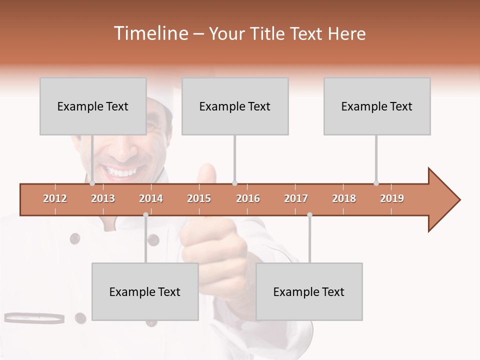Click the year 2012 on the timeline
point(55,198)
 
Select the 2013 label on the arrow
point(103,198)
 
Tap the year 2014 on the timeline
point(151,198)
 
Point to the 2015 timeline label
point(199,198)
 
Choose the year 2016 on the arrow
point(248,198)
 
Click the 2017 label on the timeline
point(296,198)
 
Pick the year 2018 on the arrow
point(344,198)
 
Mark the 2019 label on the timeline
point(392,198)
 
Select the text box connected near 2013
point(93,106)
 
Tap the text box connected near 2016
point(235,106)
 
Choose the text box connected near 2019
point(377,106)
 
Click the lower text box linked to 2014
point(145,291)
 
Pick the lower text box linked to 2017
point(309,291)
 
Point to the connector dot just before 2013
point(92,183)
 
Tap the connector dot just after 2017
point(309,214)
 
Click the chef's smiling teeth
point(120,172)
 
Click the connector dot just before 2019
point(376,183)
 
